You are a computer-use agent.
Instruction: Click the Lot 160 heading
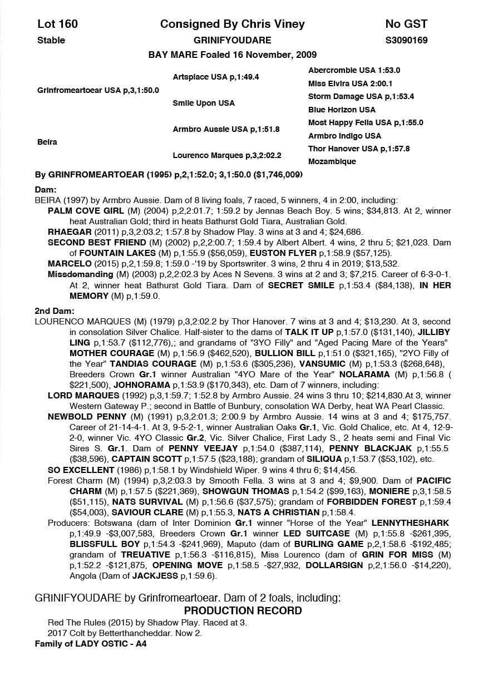click(x=57, y=23)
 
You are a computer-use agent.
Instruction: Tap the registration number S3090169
click(x=406, y=40)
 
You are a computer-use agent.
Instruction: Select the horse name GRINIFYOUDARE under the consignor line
click(x=233, y=40)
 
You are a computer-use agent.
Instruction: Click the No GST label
click(x=406, y=23)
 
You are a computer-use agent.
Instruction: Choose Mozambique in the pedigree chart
click(x=332, y=161)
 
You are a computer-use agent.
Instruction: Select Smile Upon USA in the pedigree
click(x=204, y=103)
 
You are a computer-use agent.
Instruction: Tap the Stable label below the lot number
click(x=51, y=40)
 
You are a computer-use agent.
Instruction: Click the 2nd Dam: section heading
click(x=55, y=311)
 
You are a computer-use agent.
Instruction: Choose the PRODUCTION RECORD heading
click(x=243, y=610)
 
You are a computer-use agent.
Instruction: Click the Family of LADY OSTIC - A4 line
click(x=91, y=644)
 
